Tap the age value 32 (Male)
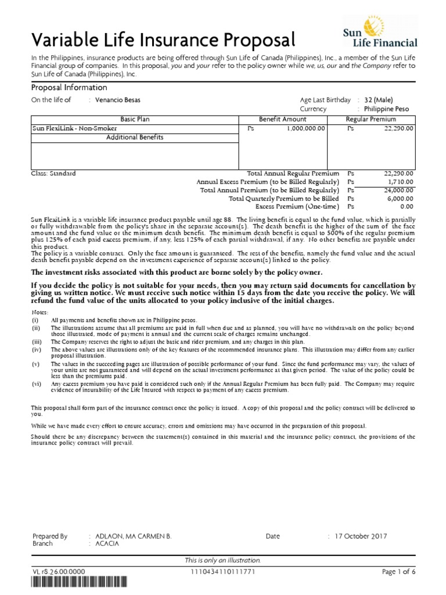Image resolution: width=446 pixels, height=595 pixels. click(383, 100)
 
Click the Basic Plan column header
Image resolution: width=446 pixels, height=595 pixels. click(135, 119)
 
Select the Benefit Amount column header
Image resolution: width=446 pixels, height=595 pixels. click(282, 119)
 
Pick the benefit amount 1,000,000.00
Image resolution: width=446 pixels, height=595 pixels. click(305, 128)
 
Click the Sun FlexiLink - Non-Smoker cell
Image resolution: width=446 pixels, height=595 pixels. click(75, 128)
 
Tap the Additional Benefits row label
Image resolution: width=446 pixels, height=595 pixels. click(135, 137)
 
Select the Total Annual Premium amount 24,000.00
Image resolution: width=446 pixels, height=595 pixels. click(398, 190)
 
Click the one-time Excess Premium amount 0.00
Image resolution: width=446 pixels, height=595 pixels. click(407, 206)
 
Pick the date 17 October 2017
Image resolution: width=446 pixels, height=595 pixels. click(361, 536)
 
